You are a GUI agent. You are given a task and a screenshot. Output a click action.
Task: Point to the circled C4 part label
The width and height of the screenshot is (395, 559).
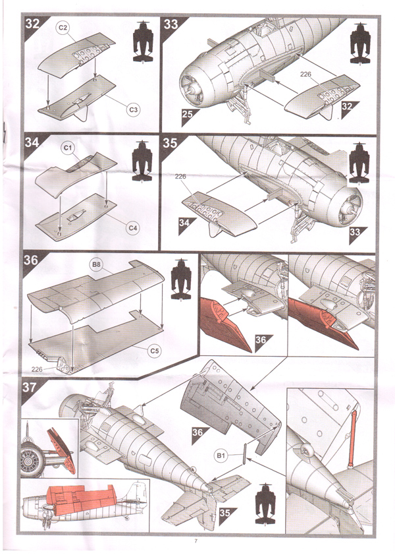(x=133, y=228)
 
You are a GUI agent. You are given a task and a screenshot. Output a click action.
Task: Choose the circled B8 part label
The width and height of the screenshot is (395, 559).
(x=96, y=265)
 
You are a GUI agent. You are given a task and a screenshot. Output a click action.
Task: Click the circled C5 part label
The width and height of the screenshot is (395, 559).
(x=155, y=350)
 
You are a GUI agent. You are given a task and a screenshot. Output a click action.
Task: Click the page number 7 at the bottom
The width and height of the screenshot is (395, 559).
(x=196, y=542)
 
